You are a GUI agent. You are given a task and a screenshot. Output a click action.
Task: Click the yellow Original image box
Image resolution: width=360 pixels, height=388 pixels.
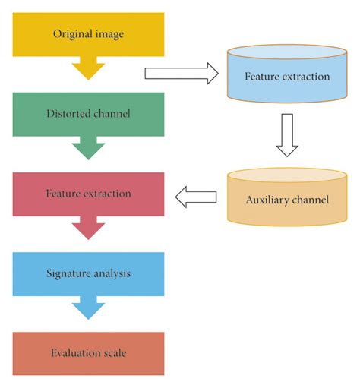(88, 34)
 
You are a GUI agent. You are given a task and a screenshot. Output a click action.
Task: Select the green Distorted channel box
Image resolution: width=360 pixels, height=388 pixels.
(88, 115)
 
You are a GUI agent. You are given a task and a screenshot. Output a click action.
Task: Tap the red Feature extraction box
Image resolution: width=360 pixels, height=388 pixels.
(88, 194)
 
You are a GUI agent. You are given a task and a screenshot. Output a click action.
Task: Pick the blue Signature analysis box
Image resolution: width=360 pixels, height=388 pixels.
(88, 273)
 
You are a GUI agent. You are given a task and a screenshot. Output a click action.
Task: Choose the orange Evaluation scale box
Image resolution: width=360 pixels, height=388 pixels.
(88, 353)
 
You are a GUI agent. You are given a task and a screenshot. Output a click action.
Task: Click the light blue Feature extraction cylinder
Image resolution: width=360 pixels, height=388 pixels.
(287, 77)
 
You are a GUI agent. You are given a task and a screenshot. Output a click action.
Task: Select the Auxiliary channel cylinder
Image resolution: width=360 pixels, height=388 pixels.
(287, 199)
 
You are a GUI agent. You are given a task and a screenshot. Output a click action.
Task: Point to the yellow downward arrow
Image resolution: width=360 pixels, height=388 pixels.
(88, 69)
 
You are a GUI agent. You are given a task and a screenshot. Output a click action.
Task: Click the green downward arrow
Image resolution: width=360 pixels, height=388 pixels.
(88, 149)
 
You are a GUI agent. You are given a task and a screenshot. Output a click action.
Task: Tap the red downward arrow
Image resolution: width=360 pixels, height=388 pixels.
(88, 229)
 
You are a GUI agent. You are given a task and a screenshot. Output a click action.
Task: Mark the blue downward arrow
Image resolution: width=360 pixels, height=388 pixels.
(88, 308)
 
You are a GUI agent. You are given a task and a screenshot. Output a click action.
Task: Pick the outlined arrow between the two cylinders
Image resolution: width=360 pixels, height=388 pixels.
(287, 135)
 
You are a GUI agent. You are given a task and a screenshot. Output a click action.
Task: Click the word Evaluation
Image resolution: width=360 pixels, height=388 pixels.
(75, 353)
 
